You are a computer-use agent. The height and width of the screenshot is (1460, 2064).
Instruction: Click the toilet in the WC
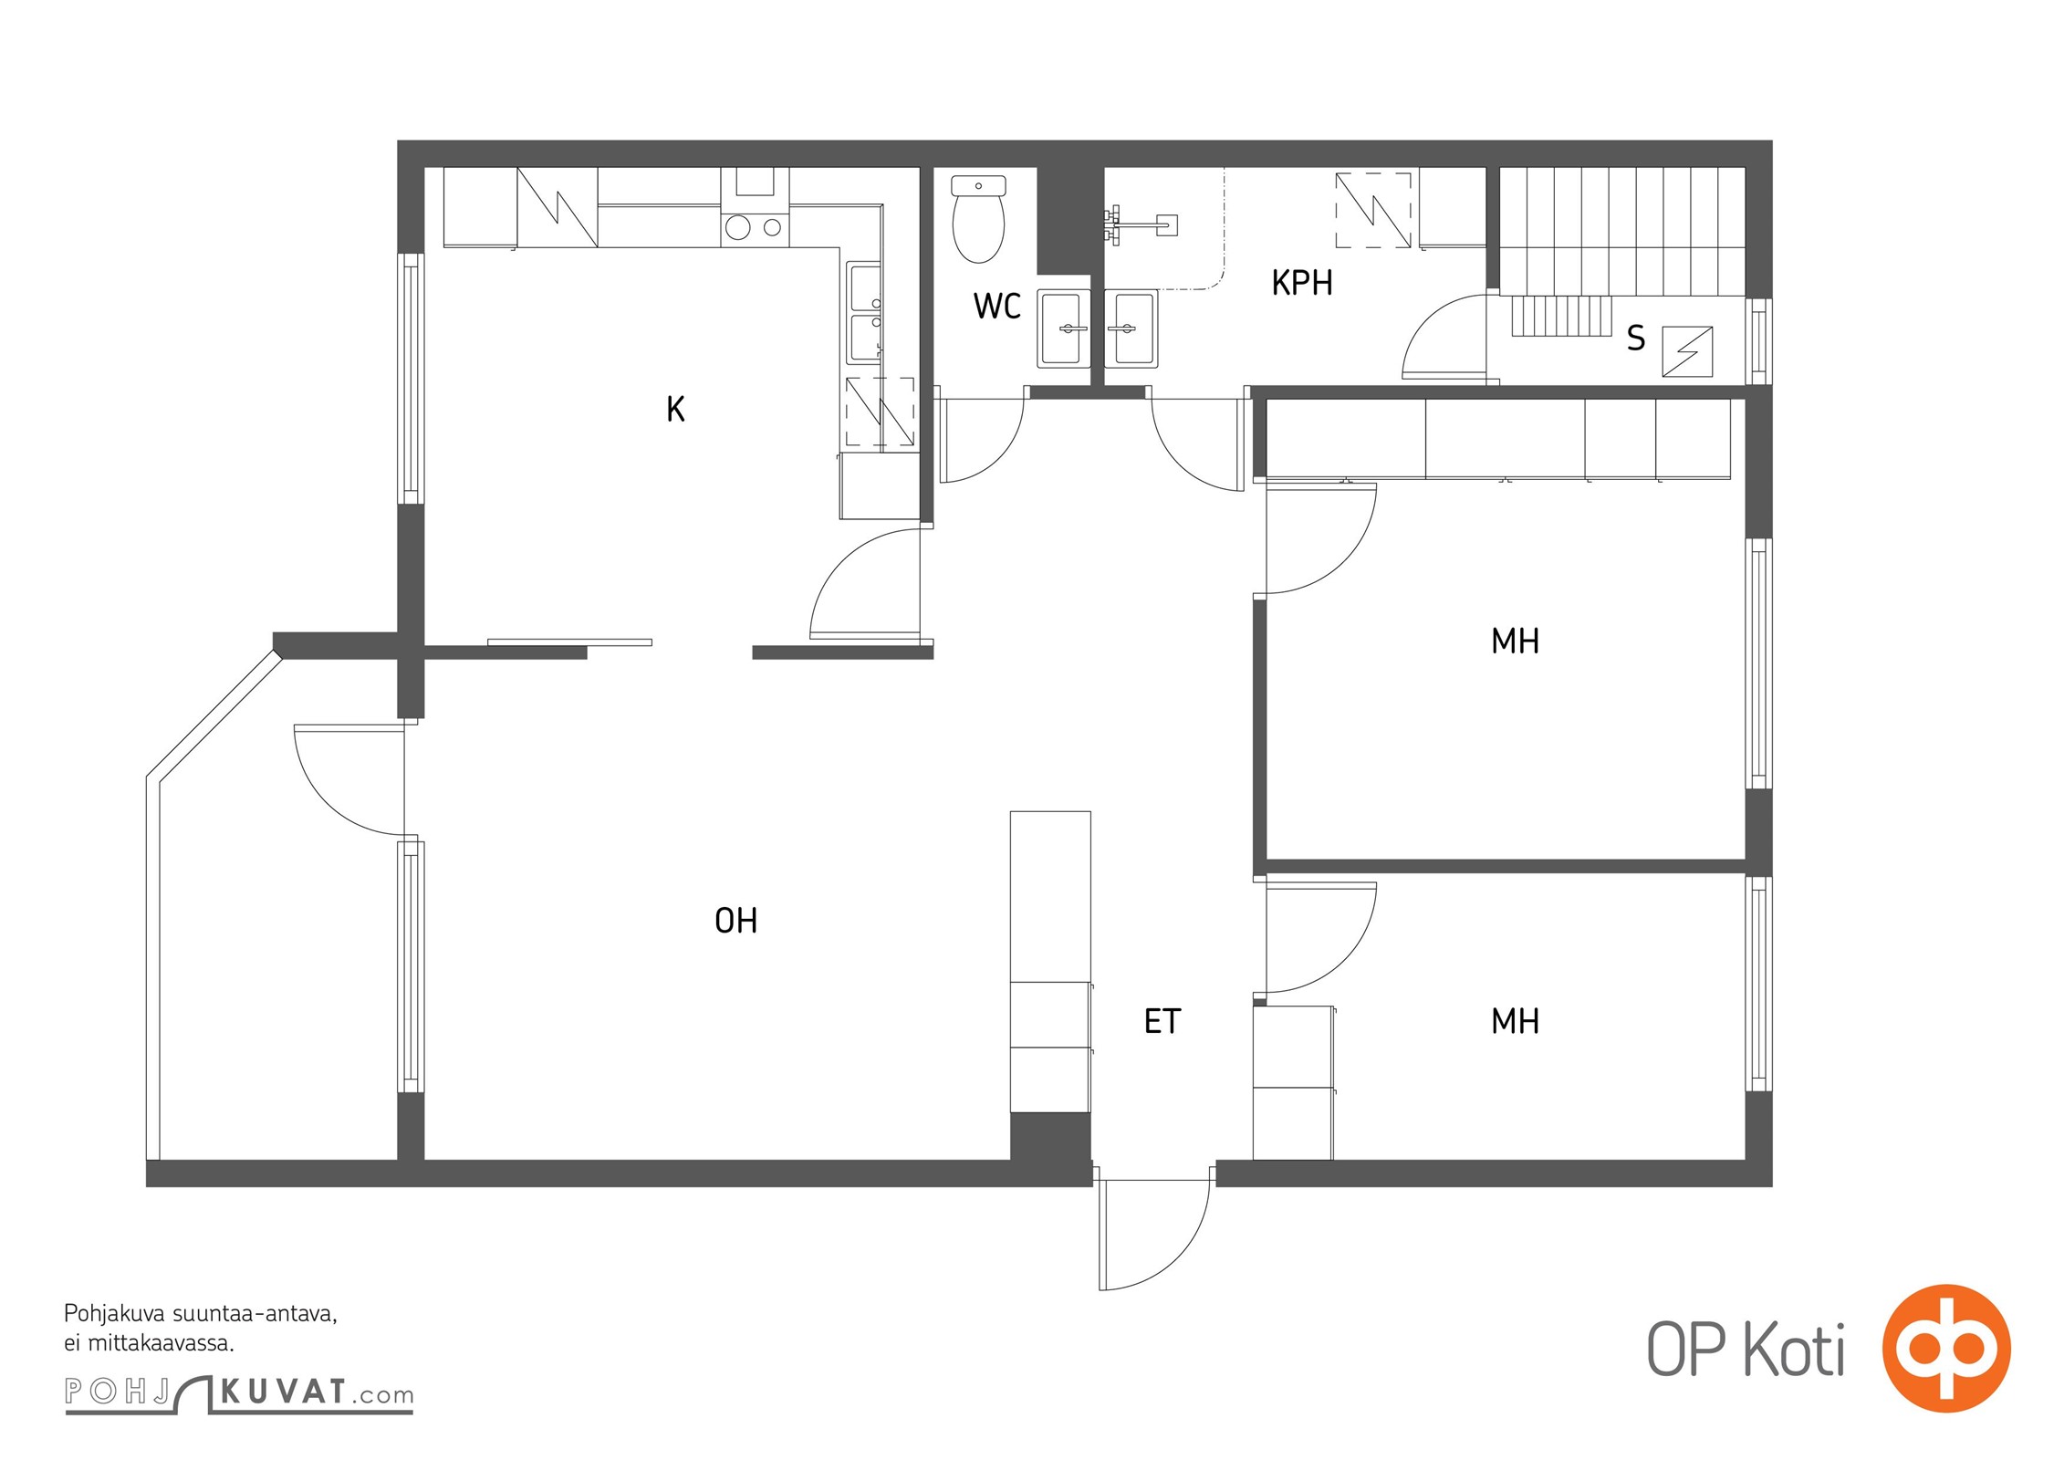978,219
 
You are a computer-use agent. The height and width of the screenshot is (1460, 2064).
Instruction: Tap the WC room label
997,307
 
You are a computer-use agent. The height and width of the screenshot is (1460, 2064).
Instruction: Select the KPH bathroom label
1302,283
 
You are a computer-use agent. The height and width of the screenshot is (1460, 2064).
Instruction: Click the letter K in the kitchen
675,409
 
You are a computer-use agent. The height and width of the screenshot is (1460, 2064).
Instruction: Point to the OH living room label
736,921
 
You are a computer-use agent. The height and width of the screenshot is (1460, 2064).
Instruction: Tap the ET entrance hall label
1162,1021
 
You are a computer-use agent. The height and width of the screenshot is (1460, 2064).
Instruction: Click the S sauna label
1636,339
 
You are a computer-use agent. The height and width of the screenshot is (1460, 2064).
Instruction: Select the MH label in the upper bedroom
1516,641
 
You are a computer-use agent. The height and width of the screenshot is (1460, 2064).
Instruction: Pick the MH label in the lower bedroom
1516,1021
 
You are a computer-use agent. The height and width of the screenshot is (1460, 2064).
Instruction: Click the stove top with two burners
755,227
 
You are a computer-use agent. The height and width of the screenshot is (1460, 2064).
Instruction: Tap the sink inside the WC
1064,328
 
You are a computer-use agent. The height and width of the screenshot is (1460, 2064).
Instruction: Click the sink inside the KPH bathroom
1131,328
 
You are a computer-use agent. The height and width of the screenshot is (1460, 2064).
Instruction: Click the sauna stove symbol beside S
1687,351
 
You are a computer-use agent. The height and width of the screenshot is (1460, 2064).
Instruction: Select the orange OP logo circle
1947,1348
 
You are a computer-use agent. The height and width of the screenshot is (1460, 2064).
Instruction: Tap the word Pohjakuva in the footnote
114,1315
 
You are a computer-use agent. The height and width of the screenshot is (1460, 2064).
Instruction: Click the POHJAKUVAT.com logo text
239,1393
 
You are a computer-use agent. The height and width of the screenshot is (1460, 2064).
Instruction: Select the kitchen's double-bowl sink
862,313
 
